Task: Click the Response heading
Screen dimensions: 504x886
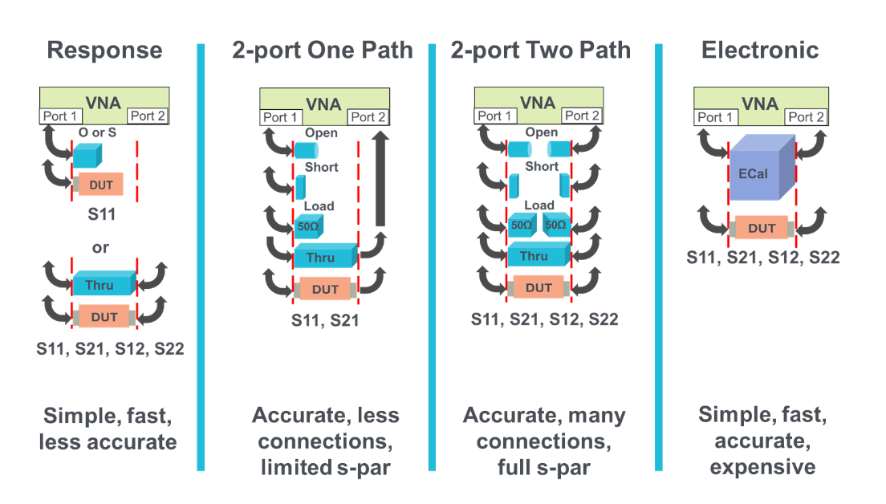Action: (x=104, y=51)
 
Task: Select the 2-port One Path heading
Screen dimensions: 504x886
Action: (x=323, y=51)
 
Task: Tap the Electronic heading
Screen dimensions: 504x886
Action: (x=760, y=51)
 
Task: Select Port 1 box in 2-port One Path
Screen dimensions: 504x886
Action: (x=281, y=117)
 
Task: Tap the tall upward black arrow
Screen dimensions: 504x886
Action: (x=381, y=181)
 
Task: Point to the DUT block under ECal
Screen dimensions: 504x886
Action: (x=762, y=229)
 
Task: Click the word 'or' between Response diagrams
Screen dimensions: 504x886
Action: (x=100, y=248)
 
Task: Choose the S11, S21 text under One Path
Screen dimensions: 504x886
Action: (x=325, y=321)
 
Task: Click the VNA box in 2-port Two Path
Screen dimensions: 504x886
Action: (x=538, y=102)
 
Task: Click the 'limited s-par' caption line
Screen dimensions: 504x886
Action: (x=325, y=467)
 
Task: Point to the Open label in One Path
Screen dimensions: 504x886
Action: (x=321, y=133)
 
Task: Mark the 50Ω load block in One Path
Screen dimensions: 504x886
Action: (x=308, y=226)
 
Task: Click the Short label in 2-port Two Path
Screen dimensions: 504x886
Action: (x=542, y=167)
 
